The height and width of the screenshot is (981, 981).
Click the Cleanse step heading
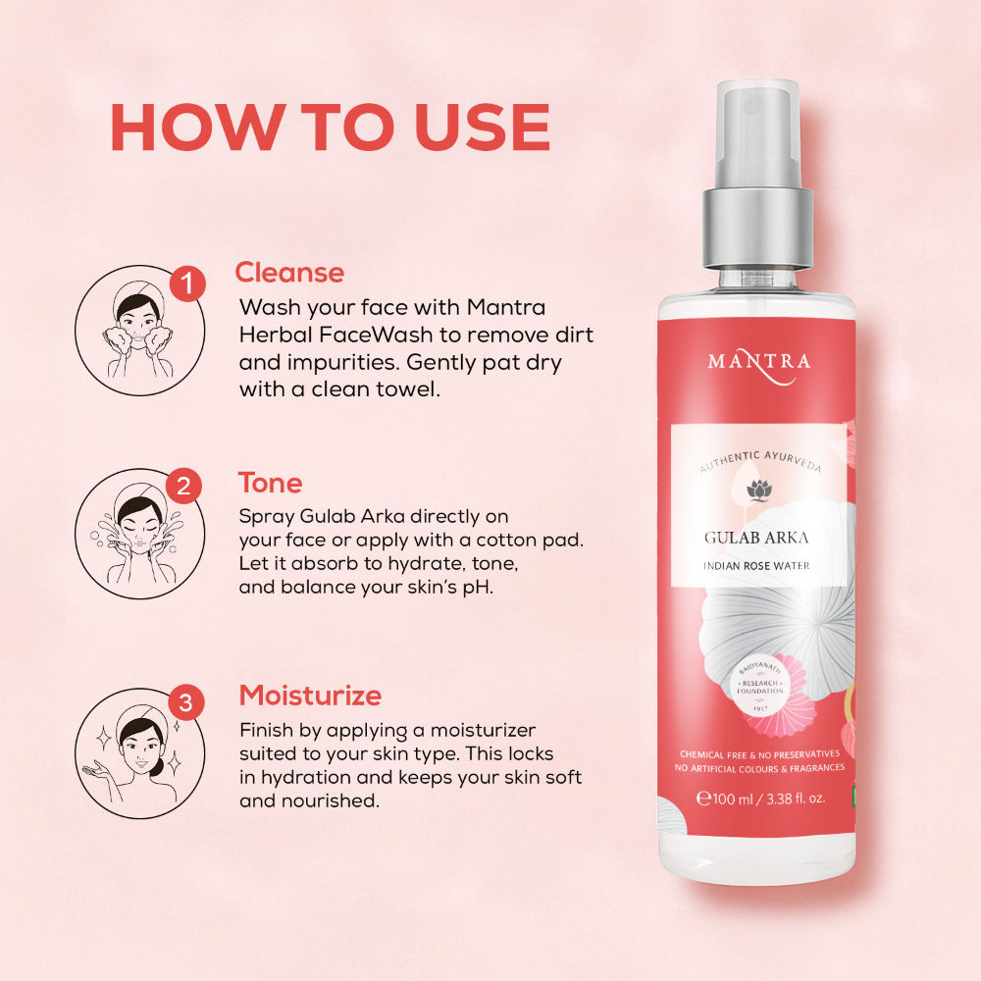tap(289, 273)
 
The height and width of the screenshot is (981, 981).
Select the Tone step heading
tap(271, 483)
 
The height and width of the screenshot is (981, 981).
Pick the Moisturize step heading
tap(310, 696)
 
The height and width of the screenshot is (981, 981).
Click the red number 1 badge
tap(187, 284)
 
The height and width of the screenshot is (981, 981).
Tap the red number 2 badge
tap(184, 486)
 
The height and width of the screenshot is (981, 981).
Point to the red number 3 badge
tap(185, 702)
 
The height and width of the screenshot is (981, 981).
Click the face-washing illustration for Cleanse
tap(139, 331)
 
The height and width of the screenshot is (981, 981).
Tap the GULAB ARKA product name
tap(756, 538)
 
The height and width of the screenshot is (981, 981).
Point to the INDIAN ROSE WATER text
tap(756, 566)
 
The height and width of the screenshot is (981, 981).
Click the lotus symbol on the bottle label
tap(759, 490)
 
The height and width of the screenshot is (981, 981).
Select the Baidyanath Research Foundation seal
tap(760, 688)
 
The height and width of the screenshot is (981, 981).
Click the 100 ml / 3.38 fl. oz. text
tap(761, 799)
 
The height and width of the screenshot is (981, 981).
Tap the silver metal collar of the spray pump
tap(757, 228)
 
